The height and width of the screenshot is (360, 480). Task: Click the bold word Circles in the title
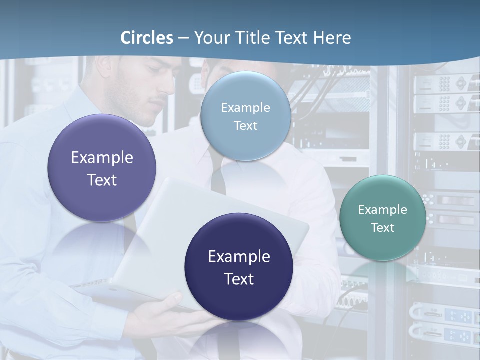pyautogui.click(x=146, y=38)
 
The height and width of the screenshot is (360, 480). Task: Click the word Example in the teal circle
pyautogui.click(x=383, y=210)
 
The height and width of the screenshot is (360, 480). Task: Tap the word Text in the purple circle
pyautogui.click(x=102, y=180)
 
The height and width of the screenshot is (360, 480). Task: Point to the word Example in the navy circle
pyautogui.click(x=239, y=257)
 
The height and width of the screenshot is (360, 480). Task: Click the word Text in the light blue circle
pyautogui.click(x=245, y=126)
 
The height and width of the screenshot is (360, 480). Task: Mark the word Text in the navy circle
pyautogui.click(x=239, y=279)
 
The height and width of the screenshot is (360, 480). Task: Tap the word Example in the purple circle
pyautogui.click(x=102, y=158)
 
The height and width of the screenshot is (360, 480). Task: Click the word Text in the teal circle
pyautogui.click(x=383, y=228)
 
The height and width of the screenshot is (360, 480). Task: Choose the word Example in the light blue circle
pyautogui.click(x=245, y=108)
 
